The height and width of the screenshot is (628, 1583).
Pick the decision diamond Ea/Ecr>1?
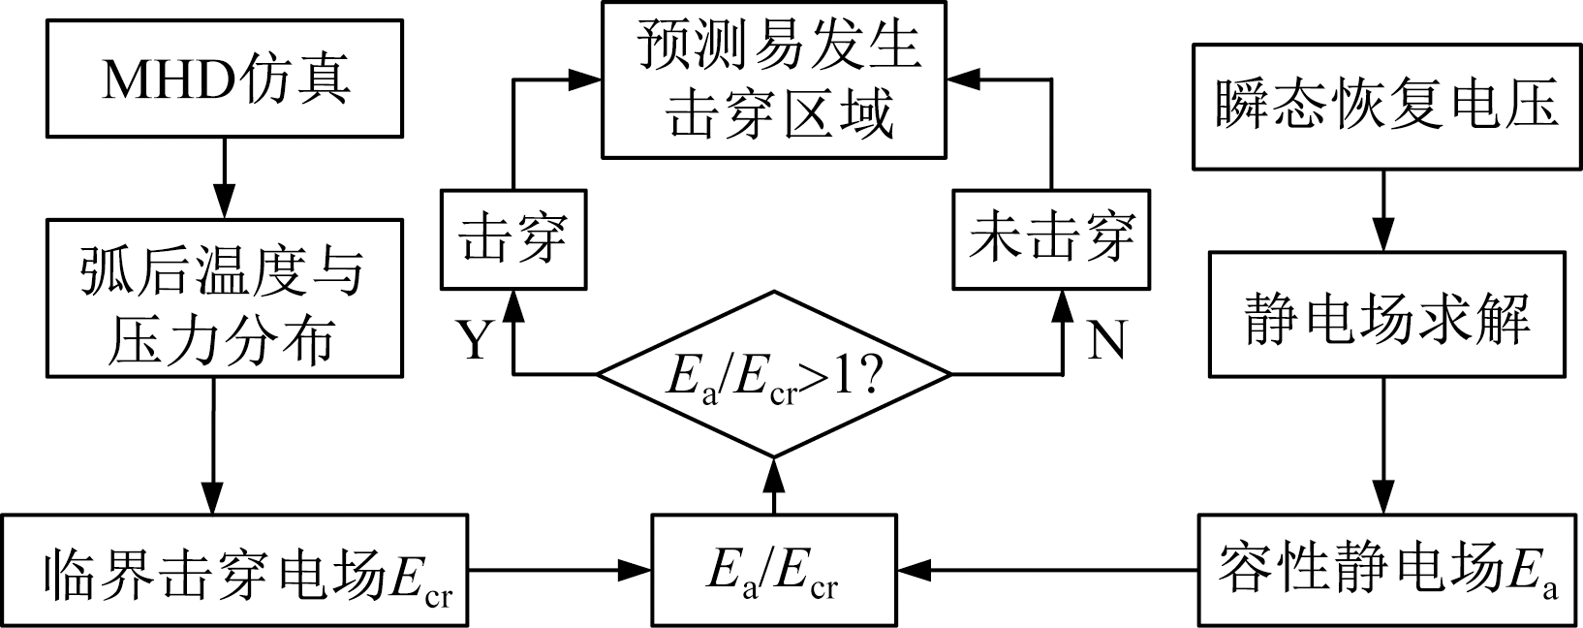click(773, 374)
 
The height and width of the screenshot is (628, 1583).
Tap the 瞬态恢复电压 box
click(1386, 106)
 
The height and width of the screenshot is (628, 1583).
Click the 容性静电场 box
click(1386, 570)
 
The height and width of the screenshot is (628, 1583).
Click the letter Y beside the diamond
click(474, 340)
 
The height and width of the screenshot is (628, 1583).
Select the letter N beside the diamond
click(1105, 340)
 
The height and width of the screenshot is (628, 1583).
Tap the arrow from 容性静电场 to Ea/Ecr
click(1046, 570)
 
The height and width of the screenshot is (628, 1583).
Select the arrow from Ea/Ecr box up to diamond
click(773, 486)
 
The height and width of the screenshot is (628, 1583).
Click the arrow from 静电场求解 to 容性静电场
click(1385, 445)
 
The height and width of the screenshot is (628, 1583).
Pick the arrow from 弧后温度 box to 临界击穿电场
click(213, 445)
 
